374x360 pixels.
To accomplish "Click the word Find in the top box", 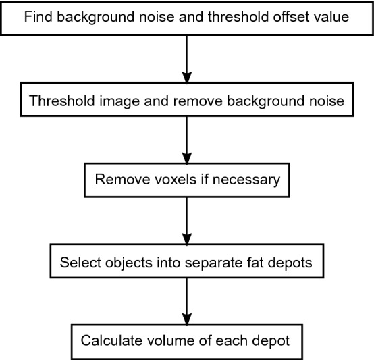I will tap(38, 16).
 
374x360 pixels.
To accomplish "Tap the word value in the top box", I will tap(333, 16).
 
